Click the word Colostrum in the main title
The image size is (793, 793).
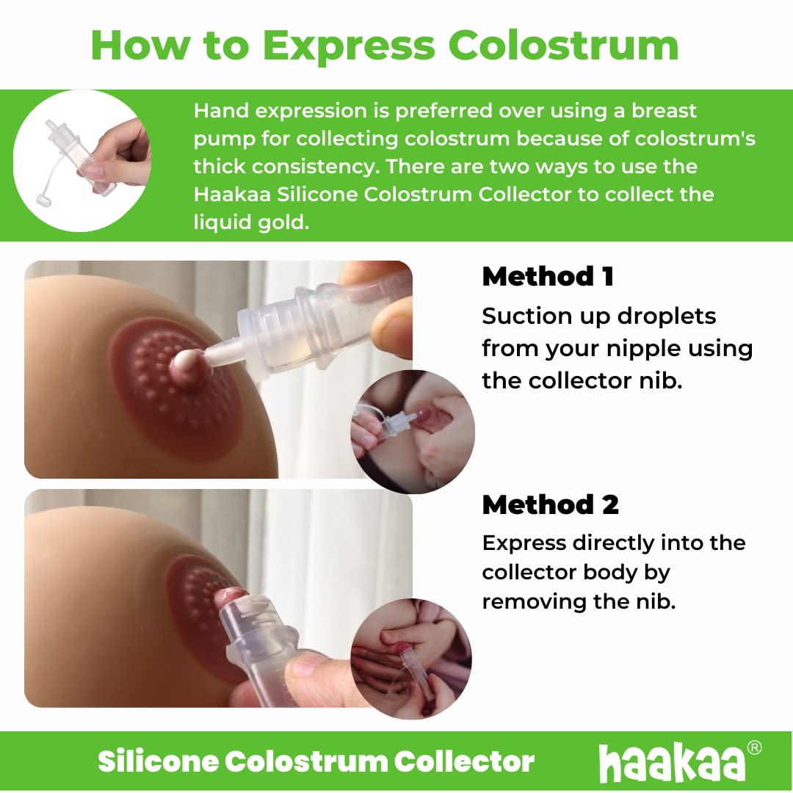[563, 46]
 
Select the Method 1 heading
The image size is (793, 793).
[548, 277]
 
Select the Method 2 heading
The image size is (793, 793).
[550, 504]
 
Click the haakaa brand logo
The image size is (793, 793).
[672, 761]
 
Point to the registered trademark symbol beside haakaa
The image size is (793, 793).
[753, 748]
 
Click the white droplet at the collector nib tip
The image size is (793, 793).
[187, 361]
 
